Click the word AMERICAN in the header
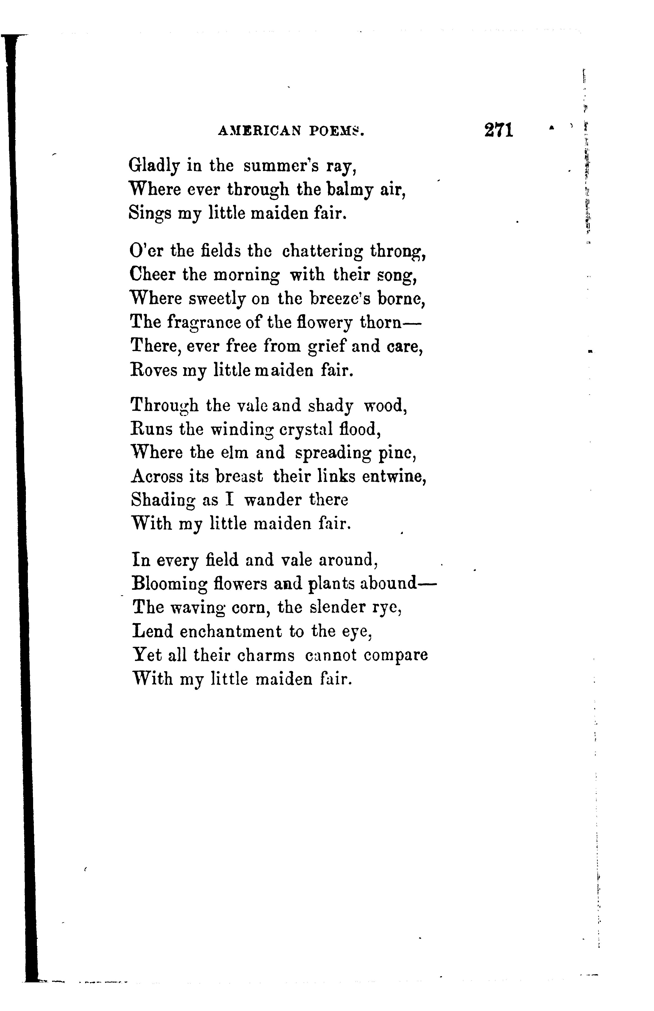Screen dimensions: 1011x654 click(x=259, y=132)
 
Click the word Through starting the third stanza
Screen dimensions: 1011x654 click(x=165, y=406)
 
